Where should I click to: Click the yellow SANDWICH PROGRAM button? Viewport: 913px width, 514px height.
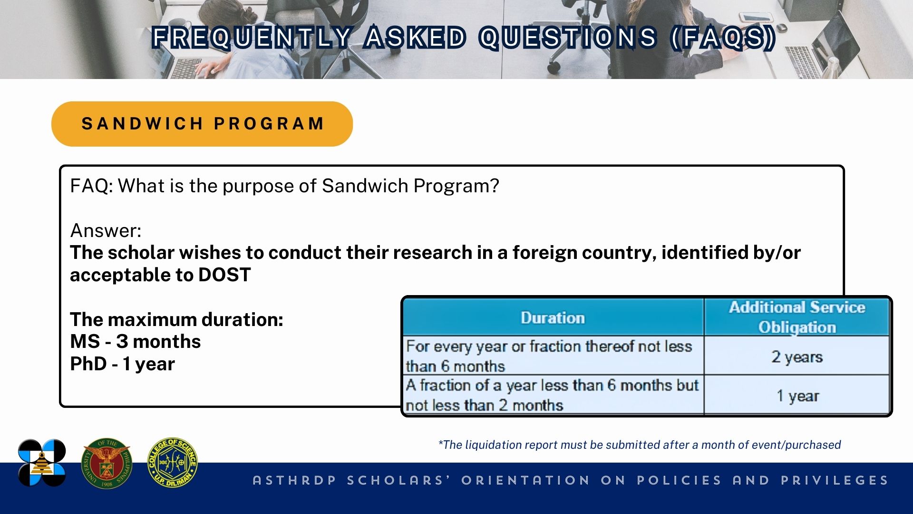202,124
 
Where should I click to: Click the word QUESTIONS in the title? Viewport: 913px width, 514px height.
568,38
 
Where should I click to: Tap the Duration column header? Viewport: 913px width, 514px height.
553,317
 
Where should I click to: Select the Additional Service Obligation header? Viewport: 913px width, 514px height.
797,317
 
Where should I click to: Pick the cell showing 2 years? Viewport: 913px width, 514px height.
797,356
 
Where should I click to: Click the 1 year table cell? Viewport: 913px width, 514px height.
797,395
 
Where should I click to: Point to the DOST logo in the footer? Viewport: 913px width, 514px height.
42,463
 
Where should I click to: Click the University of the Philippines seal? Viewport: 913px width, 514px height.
107,464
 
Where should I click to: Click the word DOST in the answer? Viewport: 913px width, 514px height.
224,275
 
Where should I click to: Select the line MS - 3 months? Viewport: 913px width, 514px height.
136,342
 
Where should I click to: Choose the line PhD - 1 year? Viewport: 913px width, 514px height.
122,364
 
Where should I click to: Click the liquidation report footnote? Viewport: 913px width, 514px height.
639,445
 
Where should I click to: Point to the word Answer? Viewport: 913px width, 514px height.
106,230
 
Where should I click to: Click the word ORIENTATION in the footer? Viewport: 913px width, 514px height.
525,480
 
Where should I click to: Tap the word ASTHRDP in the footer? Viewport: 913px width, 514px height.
294,480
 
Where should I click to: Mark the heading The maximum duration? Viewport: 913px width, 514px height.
176,319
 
